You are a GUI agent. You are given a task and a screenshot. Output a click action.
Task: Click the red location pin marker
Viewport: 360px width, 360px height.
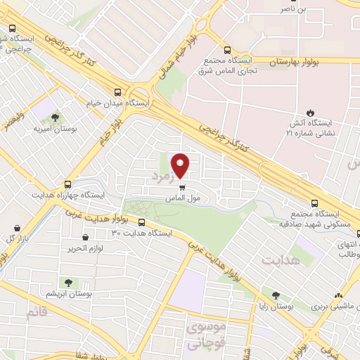click(x=181, y=165)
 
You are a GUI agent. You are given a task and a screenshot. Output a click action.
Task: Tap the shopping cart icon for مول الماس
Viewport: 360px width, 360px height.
click(x=183, y=188)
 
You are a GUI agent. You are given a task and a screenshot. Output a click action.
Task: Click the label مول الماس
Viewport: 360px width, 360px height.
click(x=181, y=199)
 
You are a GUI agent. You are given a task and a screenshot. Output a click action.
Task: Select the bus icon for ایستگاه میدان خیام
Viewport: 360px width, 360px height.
click(x=117, y=91)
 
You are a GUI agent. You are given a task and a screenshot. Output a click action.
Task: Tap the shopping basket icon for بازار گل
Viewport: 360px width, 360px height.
click(x=18, y=227)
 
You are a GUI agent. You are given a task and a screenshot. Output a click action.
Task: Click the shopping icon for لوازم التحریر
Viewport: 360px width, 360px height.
click(x=88, y=238)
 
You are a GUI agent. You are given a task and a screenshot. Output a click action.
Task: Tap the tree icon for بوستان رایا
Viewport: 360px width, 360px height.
click(x=276, y=296)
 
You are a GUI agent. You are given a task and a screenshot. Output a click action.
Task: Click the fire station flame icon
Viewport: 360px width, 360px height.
click(x=311, y=113)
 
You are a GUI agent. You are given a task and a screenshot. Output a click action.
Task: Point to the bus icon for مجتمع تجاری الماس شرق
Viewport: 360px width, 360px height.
click(x=226, y=50)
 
